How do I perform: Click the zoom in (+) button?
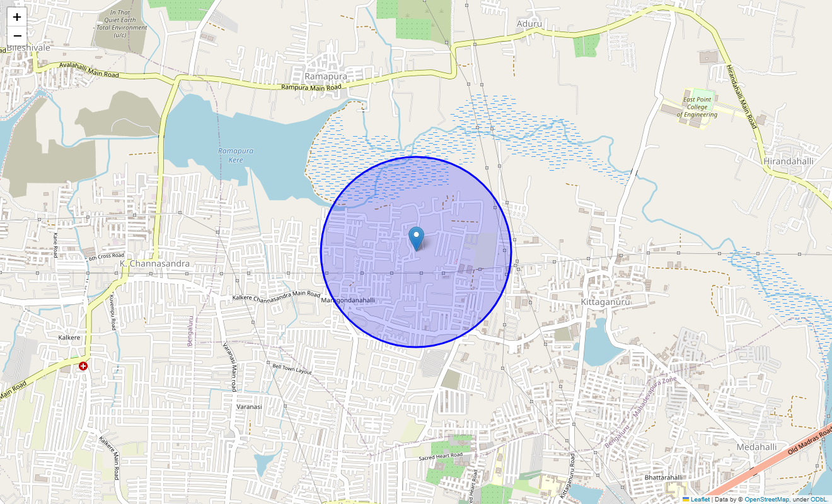(17, 17)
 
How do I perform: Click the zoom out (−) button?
(17, 36)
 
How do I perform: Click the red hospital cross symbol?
(83, 366)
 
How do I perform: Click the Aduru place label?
(529, 24)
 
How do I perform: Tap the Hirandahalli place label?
(788, 161)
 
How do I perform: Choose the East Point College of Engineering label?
(696, 107)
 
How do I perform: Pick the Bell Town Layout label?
(292, 369)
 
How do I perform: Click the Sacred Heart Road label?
(441, 455)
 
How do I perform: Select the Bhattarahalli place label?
(663, 478)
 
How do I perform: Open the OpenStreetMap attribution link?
(766, 500)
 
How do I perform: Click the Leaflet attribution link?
(700, 500)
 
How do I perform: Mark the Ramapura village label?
(325, 76)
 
